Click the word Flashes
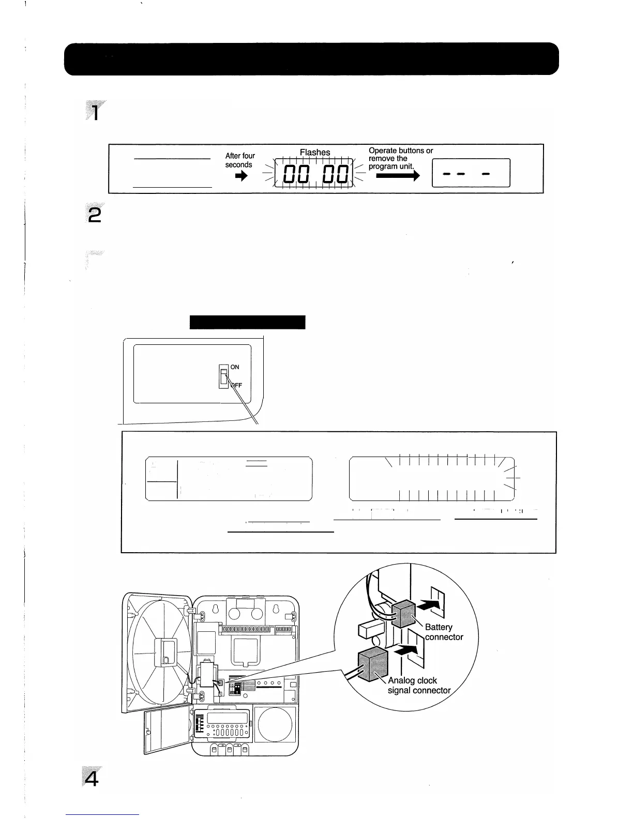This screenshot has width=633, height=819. tap(314, 152)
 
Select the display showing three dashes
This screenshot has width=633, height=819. tap(471, 173)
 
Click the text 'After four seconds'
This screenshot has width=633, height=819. tap(239, 160)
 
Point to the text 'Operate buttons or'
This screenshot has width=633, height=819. tap(400, 150)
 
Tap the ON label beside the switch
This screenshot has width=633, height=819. tap(235, 367)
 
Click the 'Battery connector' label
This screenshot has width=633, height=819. tap(443, 632)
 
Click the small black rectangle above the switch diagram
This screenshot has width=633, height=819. tap(247, 322)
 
